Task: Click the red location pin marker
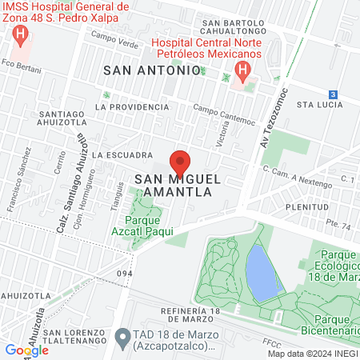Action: pyautogui.click(x=180, y=163)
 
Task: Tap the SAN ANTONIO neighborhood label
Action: pyautogui.click(x=152, y=70)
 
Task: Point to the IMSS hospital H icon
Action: pyautogui.click(x=22, y=36)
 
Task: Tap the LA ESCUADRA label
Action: pyautogui.click(x=122, y=154)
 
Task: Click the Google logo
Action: pyautogui.click(x=26, y=350)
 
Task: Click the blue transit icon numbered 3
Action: pyautogui.click(x=333, y=94)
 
